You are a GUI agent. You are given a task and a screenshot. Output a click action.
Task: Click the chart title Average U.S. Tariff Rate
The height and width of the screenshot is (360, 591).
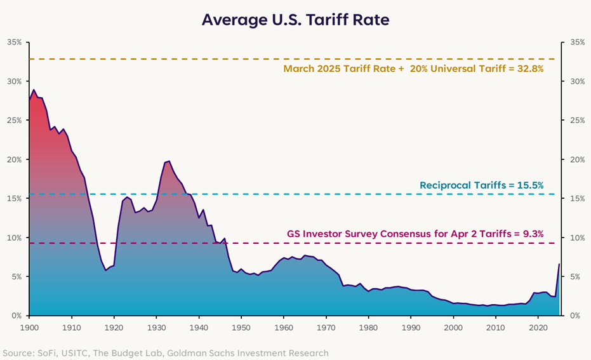(295, 20)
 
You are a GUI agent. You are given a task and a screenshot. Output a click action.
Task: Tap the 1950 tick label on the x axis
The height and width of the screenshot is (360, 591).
(241, 327)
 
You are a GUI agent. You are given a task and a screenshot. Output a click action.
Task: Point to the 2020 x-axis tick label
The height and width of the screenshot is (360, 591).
(538, 327)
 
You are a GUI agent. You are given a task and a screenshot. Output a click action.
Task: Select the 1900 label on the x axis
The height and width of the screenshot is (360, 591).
(30, 327)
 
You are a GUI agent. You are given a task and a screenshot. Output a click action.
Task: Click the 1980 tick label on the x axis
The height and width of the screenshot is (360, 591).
(368, 327)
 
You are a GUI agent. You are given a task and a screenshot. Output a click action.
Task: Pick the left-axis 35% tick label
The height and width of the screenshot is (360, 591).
(14, 43)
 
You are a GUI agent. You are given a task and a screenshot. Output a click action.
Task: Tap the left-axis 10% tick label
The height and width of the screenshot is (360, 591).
(14, 237)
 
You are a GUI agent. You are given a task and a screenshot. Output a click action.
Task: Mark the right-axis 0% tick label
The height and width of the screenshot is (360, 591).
(576, 316)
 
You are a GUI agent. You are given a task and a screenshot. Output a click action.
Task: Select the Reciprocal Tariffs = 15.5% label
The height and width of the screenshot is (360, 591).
(481, 185)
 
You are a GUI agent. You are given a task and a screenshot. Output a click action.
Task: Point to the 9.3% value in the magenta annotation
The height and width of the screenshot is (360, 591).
(531, 233)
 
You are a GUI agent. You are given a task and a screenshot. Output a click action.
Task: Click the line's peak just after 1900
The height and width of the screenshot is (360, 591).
(34, 90)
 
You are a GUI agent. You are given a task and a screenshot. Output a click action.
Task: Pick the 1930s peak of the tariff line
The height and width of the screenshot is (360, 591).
(169, 161)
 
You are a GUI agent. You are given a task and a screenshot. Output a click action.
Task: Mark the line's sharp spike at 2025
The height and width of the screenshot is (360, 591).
(559, 264)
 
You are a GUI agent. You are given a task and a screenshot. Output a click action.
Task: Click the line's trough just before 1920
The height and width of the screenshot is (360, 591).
(106, 270)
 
